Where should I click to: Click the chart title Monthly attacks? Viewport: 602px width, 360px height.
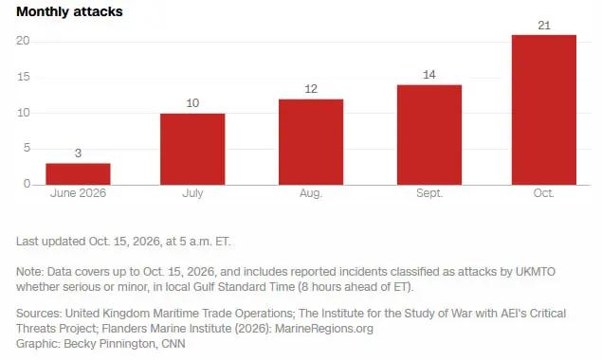coord(69,11)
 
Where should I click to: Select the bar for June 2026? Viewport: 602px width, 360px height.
coord(78,174)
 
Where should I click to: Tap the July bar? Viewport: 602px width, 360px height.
coord(192,150)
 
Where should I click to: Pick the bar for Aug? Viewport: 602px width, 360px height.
coord(311,142)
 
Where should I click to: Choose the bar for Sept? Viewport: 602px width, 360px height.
coord(429,135)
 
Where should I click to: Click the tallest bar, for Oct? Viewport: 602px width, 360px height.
coord(544,110)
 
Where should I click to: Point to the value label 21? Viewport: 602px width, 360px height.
coord(544,26)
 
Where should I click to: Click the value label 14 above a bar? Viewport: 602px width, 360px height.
coord(429,75)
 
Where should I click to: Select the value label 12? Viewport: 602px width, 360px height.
coord(311,89)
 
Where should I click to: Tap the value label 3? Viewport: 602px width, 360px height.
coord(78,153)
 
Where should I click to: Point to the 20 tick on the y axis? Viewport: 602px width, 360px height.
coord(23,41)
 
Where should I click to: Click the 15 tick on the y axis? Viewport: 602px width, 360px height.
coord(24,77)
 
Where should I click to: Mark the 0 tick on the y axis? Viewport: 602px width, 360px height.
coord(27,184)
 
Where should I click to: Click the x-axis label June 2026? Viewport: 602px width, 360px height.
coord(78,193)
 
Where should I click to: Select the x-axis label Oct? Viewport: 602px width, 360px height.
coord(543,193)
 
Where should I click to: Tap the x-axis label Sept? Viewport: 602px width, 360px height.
coord(429,193)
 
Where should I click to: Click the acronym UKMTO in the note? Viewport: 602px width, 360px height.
coord(536,272)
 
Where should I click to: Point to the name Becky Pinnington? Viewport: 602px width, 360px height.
coord(110,344)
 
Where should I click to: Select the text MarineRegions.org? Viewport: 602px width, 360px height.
coord(324,329)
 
